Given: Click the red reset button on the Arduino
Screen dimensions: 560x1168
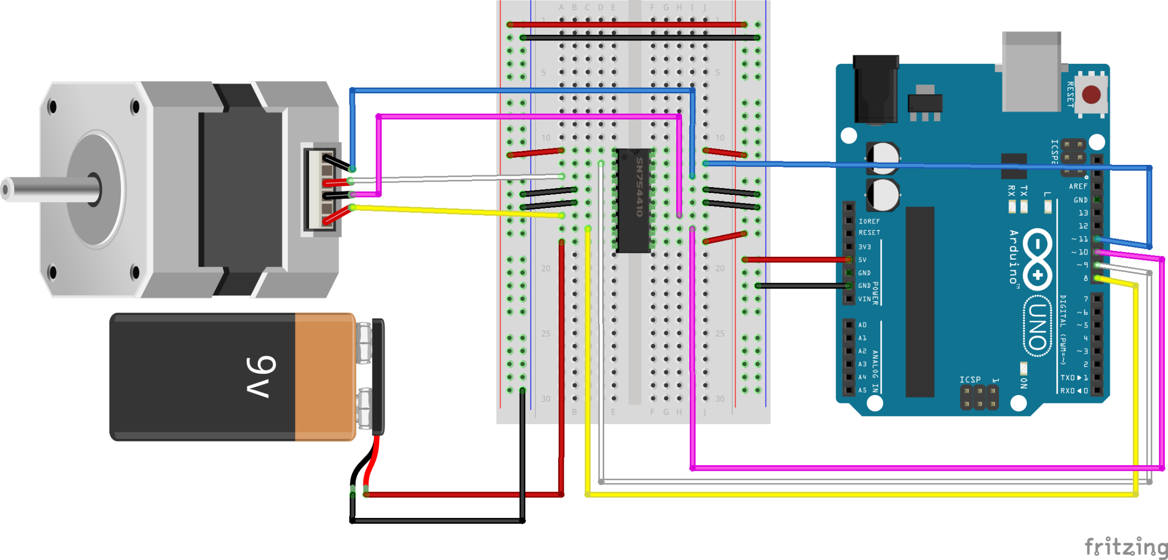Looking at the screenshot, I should pos(1091,94).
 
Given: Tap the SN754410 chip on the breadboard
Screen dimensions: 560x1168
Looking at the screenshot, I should pos(633,201).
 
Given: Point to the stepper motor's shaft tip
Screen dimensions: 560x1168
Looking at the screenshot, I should pos(6,189).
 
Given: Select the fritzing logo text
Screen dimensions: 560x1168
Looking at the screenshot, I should pos(1125,547).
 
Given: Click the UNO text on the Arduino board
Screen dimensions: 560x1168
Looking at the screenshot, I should pos(1037,327).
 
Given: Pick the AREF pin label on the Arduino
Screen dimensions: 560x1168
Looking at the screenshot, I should pos(1078,186).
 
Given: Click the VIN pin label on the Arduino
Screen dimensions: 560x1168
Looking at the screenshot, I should pos(864,299).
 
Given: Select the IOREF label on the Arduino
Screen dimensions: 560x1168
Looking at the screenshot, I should pos(869,221).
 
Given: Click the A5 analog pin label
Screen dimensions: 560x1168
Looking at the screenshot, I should pos(862,390).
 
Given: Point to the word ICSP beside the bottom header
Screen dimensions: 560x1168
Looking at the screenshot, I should pos(969,380).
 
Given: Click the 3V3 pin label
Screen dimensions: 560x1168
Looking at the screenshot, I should pos(864,247).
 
